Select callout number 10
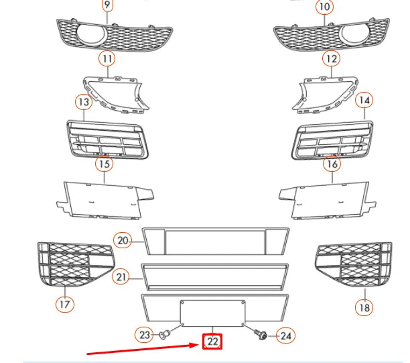(324, 7)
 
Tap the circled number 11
(107, 58)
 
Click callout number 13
(83, 102)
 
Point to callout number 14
(363, 101)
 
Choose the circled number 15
(104, 163)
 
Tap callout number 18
(363, 307)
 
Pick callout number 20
(122, 240)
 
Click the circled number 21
(121, 276)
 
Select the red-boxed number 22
(212, 342)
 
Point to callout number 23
(145, 333)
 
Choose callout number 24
(285, 334)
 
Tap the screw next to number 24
(262, 333)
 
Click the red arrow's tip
(198, 343)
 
